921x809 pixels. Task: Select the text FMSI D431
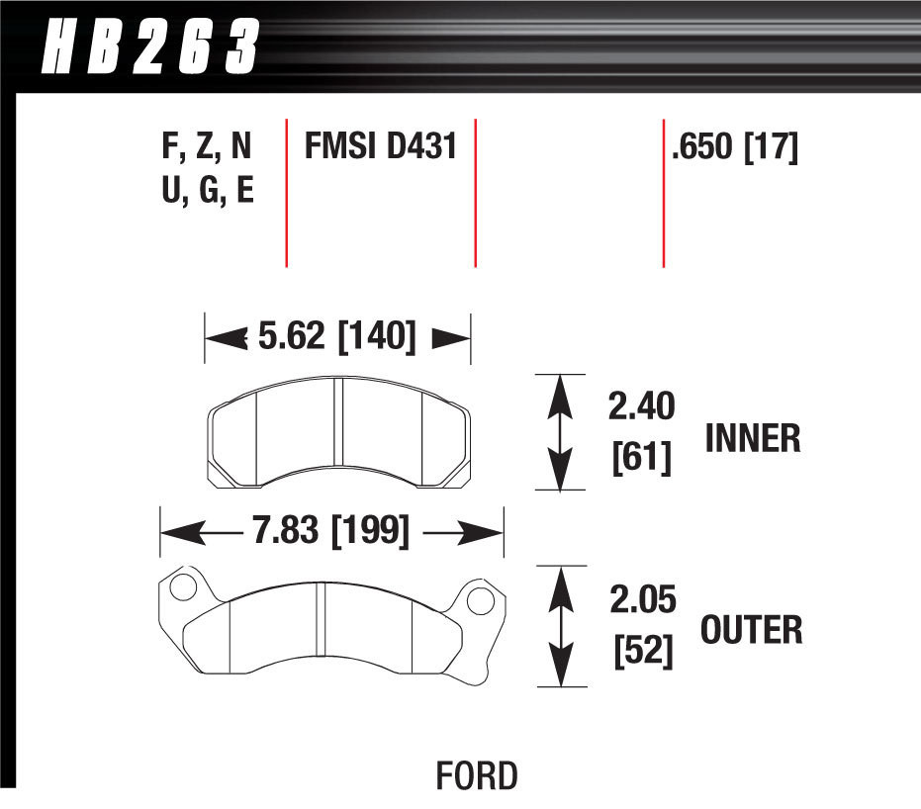coord(379,147)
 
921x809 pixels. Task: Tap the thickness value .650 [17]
coord(734,147)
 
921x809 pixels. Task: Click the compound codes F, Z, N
coord(206,147)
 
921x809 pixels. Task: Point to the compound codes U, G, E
coord(207,189)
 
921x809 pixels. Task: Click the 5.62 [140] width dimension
coord(336,337)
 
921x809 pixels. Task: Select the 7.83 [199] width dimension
coord(330,533)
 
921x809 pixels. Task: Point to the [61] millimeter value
coord(640,457)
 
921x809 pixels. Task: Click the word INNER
coord(752,438)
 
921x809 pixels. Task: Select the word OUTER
coord(751,629)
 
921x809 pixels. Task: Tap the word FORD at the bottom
coord(477,775)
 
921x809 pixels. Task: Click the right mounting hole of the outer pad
coord(480,600)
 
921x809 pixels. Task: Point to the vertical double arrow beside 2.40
coord(561,431)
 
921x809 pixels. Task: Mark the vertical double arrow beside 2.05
coord(561,625)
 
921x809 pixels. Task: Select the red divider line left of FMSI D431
coord(286,193)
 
